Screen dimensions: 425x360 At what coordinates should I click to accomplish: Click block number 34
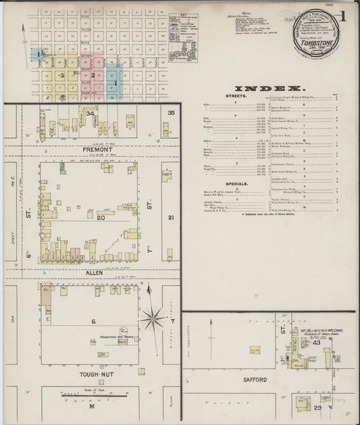coord(89,114)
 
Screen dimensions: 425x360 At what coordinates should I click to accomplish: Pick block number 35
coord(172,112)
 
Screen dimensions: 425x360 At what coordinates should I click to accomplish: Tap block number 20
coord(101,218)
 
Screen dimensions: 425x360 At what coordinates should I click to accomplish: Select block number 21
coord(171,217)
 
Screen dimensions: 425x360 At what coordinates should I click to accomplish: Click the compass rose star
coord(154,315)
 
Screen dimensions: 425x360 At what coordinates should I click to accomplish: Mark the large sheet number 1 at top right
coord(344,15)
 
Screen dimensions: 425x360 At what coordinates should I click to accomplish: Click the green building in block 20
coord(62,166)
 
